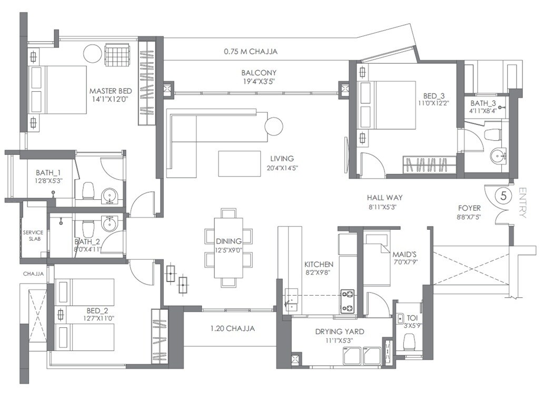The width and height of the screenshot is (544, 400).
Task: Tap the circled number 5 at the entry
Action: coord(503,196)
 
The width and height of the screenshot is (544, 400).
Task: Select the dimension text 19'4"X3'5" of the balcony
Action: coord(259,82)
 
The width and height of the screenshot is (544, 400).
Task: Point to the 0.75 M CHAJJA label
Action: coord(250,52)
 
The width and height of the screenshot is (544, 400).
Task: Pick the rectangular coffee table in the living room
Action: coord(240,163)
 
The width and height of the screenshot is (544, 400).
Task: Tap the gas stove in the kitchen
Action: coord(348,300)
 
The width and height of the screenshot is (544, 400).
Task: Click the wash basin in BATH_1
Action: coord(110,196)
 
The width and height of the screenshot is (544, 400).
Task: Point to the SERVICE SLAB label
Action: coord(33,236)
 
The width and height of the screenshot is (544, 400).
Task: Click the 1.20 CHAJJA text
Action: coord(232,328)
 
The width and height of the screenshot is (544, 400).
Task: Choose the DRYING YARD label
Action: coord(339,331)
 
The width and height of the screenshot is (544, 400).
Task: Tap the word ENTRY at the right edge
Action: coord(522,203)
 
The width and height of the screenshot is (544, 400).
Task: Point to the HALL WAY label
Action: coord(384,198)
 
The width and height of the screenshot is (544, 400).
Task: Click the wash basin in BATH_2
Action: coord(110,223)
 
